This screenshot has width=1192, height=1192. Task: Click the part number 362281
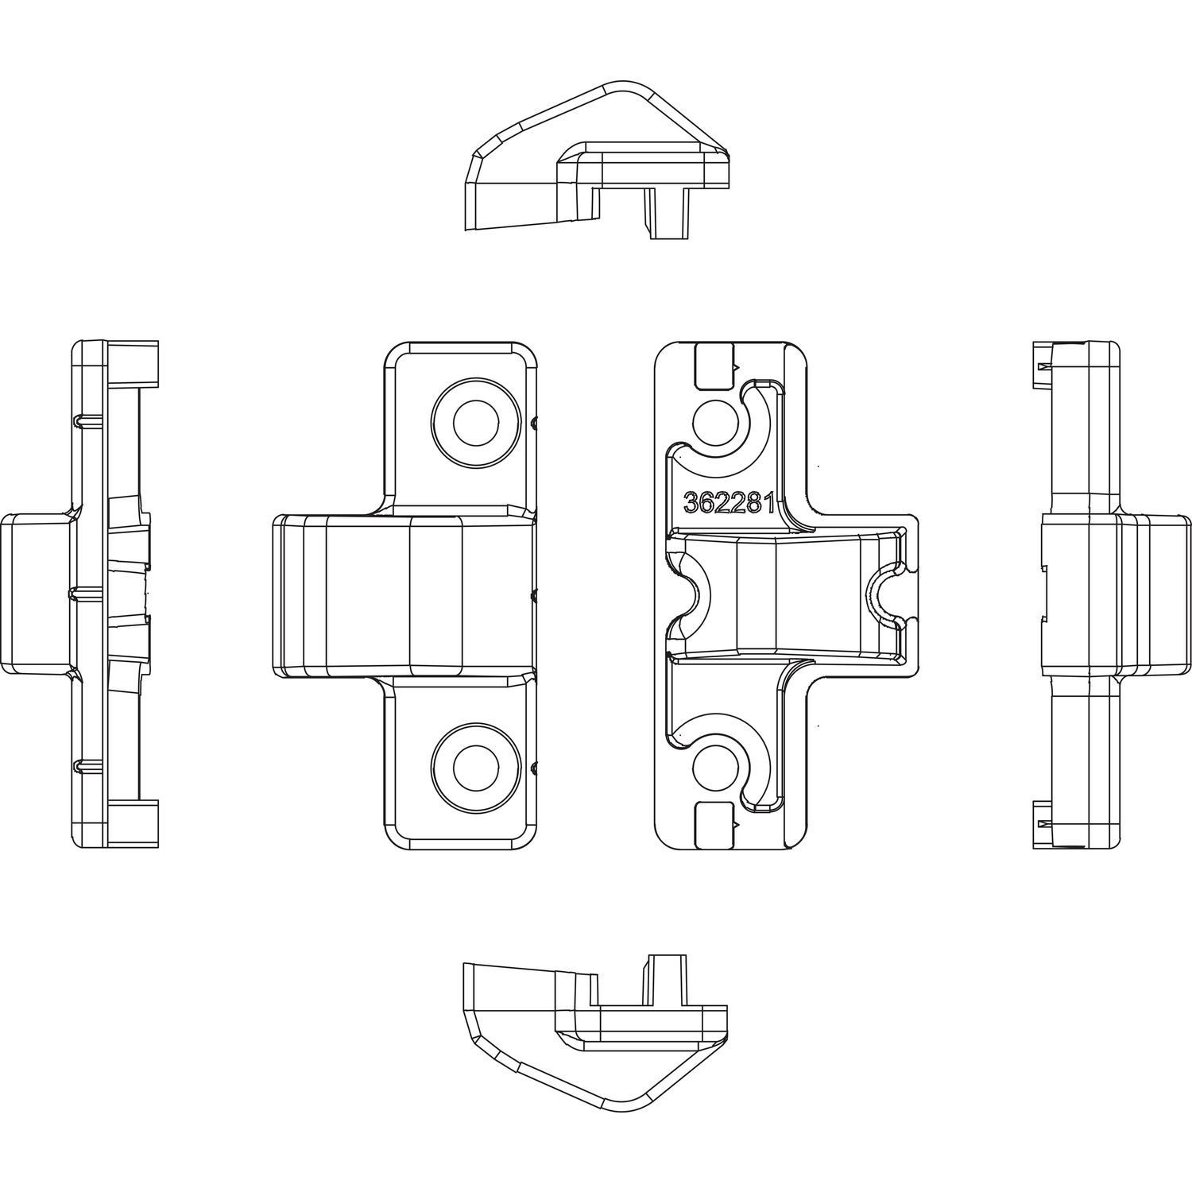(x=730, y=503)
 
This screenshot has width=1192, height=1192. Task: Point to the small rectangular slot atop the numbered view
(x=714, y=366)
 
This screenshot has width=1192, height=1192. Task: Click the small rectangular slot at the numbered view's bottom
(x=714, y=823)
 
